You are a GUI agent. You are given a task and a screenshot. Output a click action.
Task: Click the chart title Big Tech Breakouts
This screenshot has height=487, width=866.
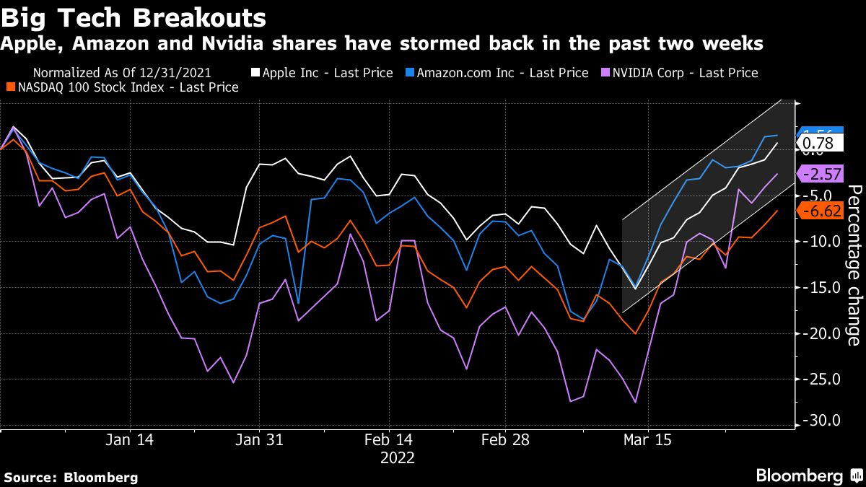click(x=134, y=17)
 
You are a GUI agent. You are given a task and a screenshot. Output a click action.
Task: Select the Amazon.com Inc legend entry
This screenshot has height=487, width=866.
click(x=499, y=73)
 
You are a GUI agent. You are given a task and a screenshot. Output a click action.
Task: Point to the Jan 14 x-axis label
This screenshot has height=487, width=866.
click(x=130, y=439)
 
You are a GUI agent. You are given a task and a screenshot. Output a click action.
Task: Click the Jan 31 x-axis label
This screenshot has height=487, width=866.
click(x=259, y=439)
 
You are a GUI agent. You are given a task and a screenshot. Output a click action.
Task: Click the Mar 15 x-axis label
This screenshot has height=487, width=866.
click(x=647, y=439)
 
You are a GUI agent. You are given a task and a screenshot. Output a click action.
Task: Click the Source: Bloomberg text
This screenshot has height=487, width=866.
click(x=71, y=477)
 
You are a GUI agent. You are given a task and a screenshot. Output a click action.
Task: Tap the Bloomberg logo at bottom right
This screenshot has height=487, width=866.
click(x=808, y=476)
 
